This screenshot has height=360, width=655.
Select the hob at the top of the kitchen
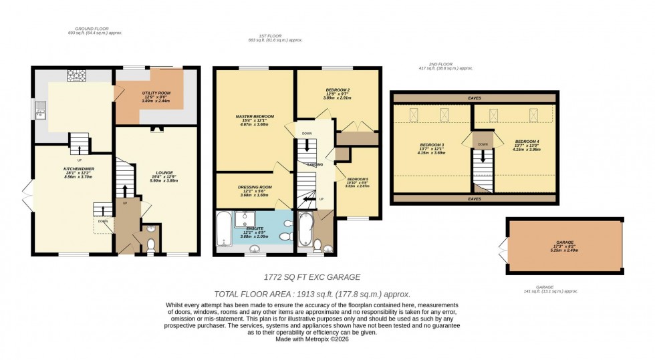point(74,75)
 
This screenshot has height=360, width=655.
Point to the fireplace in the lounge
point(156,130)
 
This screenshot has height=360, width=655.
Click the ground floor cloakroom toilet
point(151,246)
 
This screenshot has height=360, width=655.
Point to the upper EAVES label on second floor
point(475,98)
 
